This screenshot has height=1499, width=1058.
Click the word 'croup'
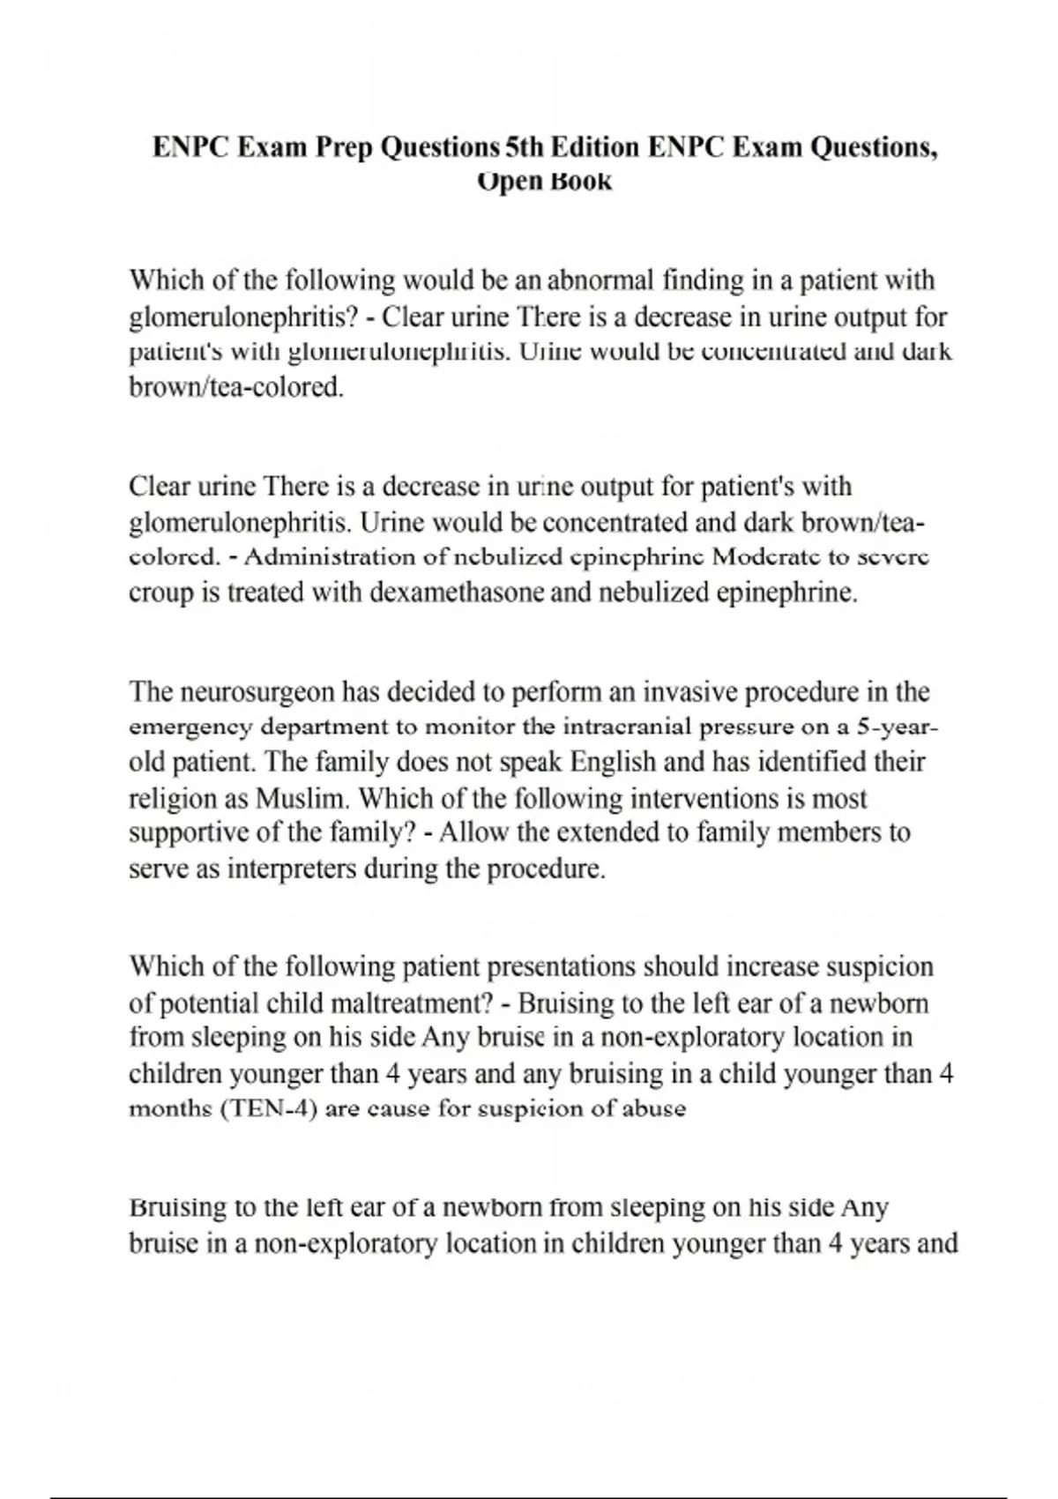point(162,593)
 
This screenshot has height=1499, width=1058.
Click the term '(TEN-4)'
point(268,1108)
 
